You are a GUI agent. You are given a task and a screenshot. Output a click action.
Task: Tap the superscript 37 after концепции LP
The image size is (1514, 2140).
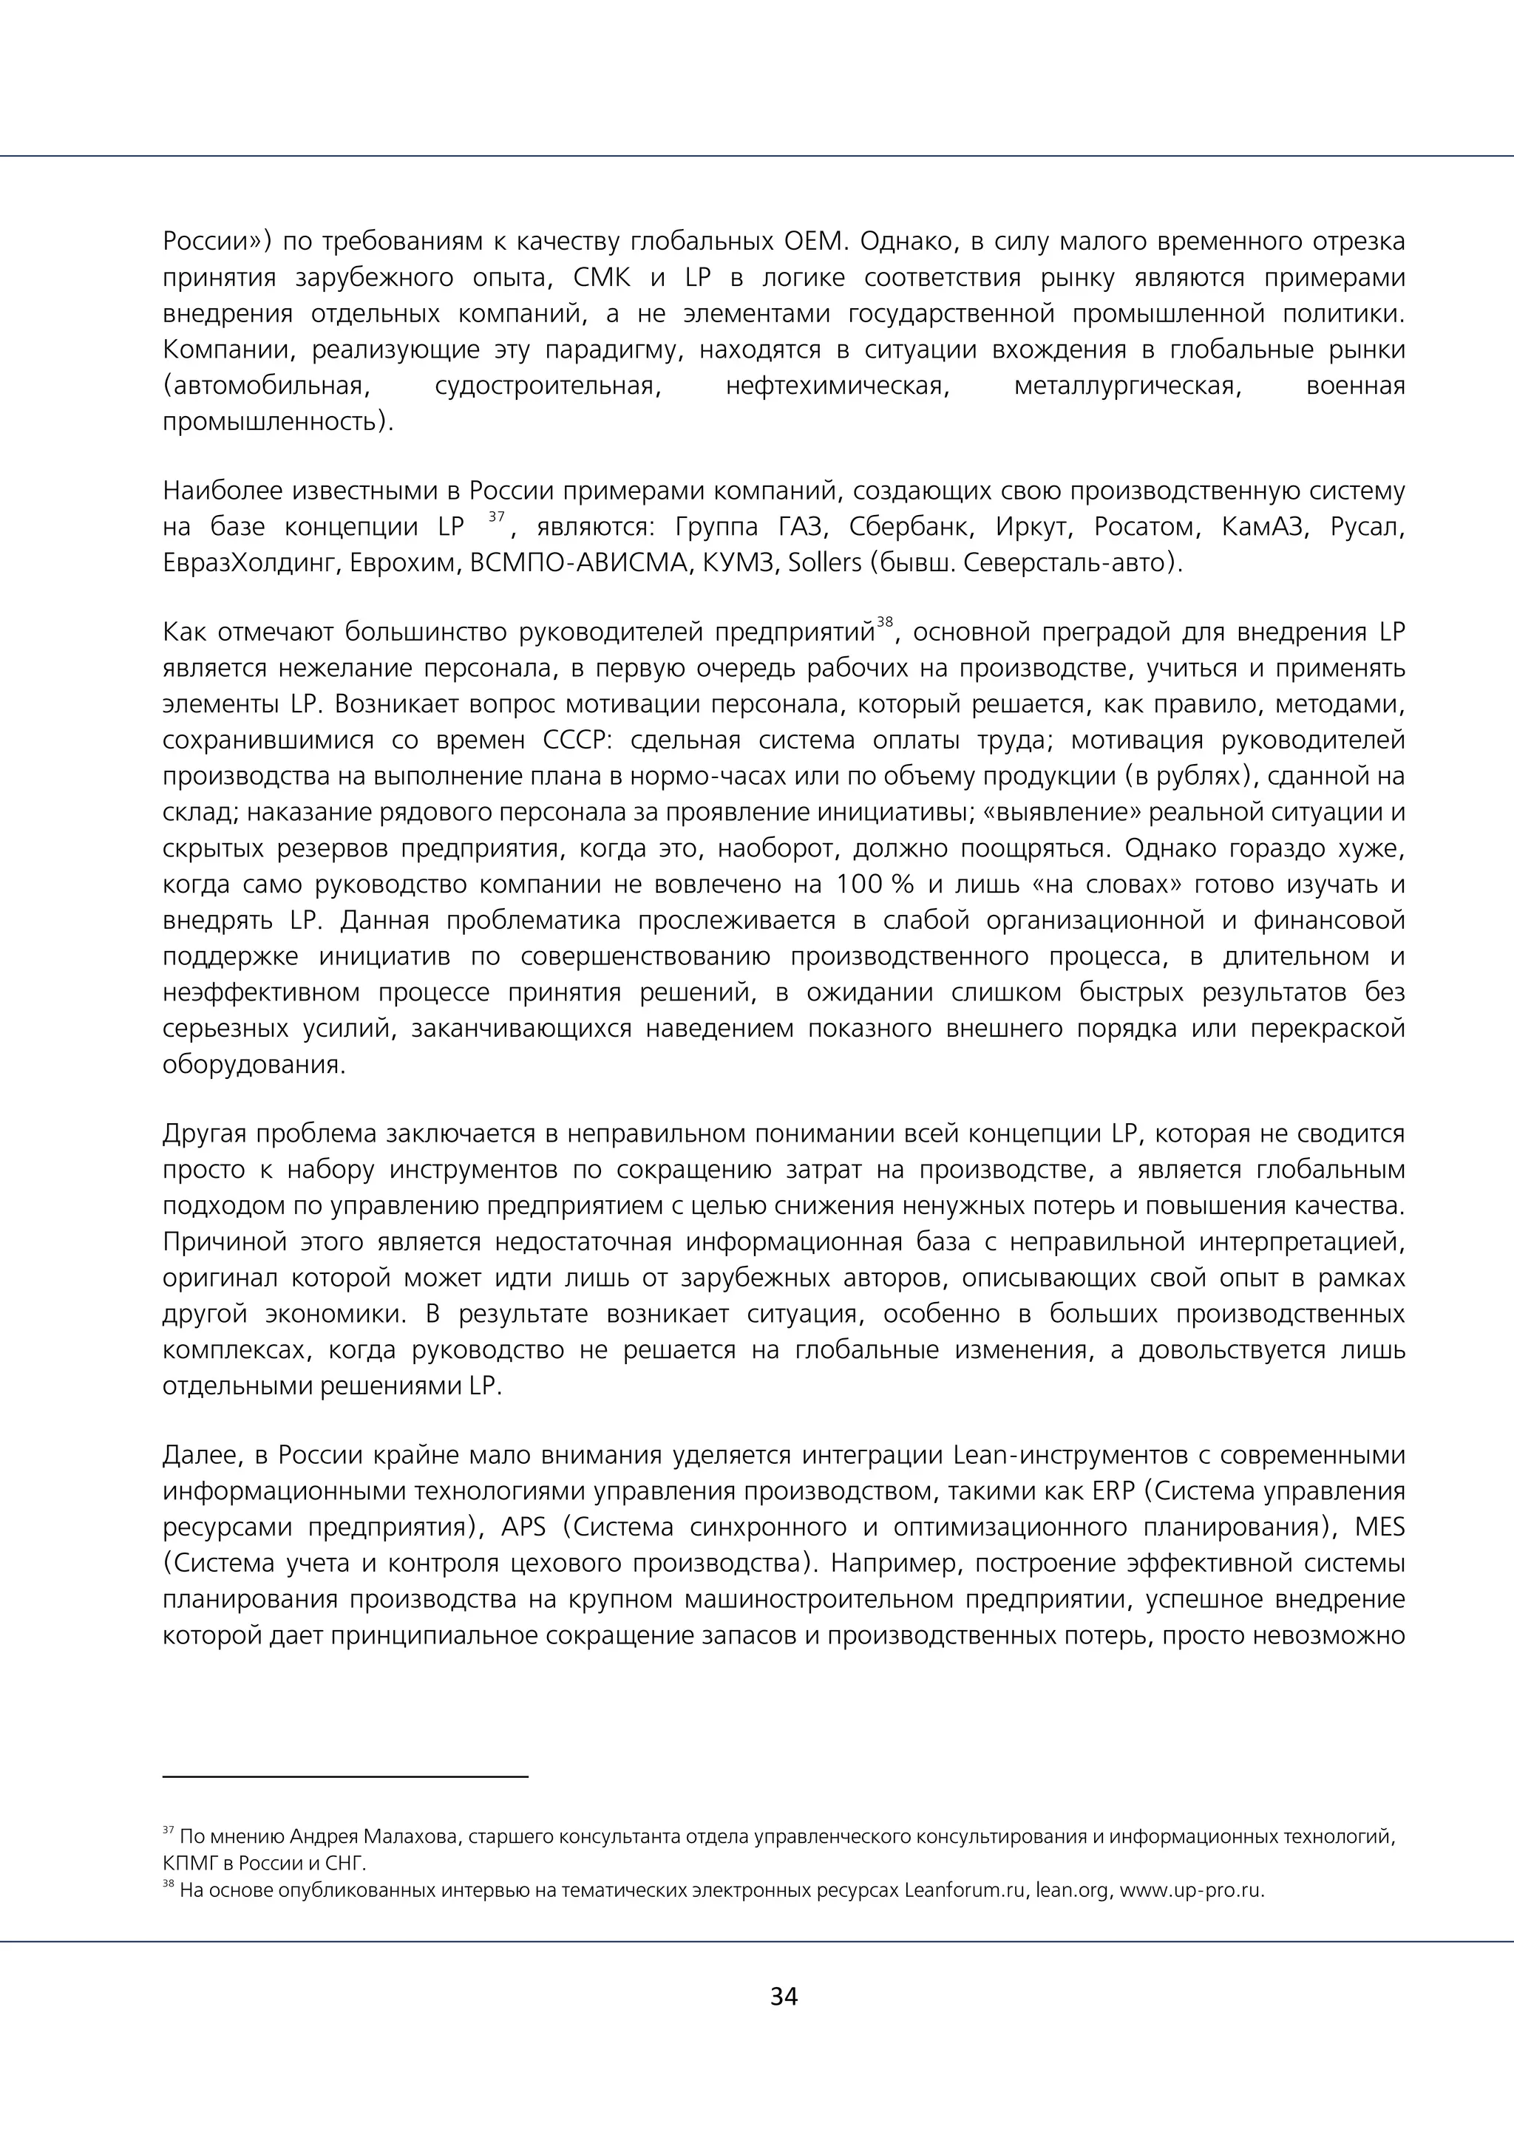[497, 517]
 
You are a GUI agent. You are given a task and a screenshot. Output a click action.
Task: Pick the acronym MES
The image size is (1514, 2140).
[1379, 1527]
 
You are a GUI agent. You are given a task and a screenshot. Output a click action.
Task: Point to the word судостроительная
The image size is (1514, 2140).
[547, 385]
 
